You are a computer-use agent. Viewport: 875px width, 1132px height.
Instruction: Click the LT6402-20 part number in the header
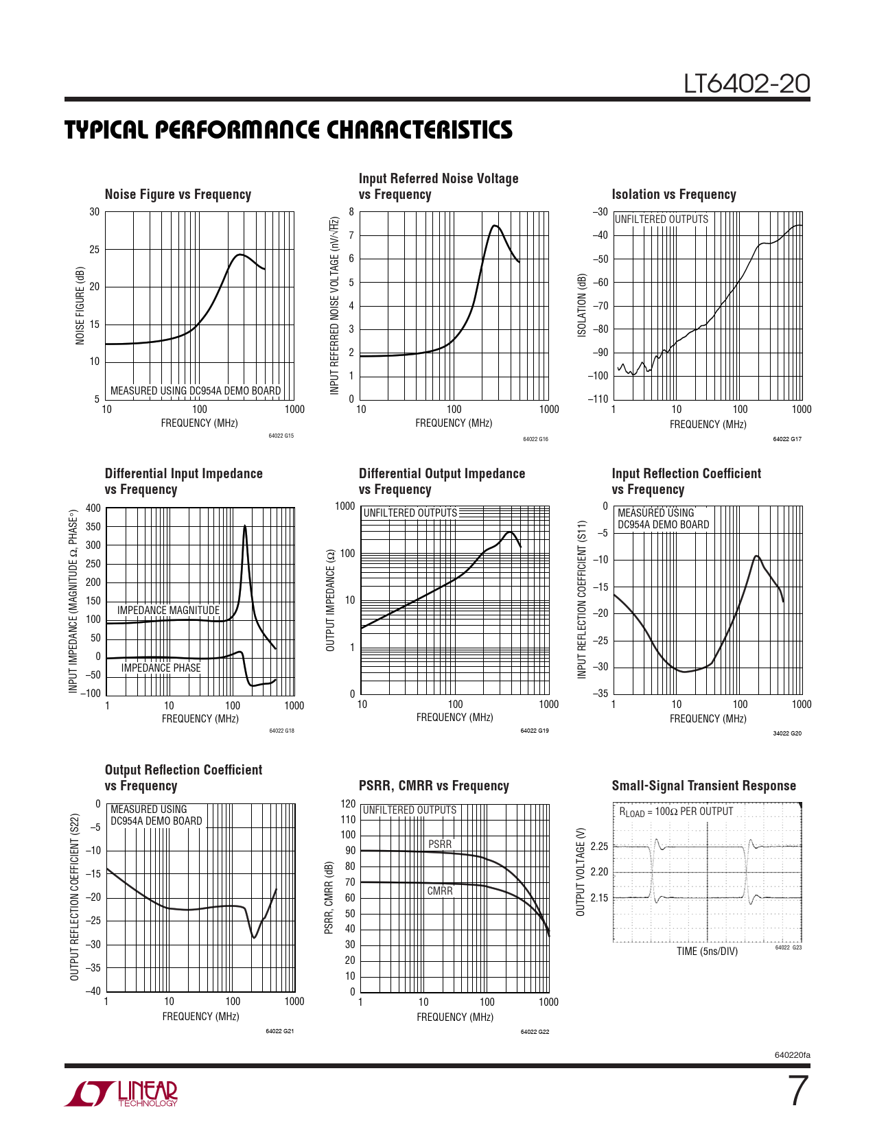(x=747, y=84)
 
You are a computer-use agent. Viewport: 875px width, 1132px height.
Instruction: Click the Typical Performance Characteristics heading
(x=288, y=130)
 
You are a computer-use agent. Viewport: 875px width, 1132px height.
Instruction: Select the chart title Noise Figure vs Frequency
(x=178, y=195)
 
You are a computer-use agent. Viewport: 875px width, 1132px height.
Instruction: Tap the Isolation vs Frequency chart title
(x=673, y=195)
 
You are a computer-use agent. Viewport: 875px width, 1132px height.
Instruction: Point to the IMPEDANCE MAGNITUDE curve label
(x=168, y=610)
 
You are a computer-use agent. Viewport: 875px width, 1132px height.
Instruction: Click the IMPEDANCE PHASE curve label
(x=161, y=668)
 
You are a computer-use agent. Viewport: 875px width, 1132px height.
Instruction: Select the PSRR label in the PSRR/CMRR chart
(x=440, y=844)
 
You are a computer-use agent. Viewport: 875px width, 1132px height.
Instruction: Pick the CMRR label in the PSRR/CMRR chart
(x=440, y=891)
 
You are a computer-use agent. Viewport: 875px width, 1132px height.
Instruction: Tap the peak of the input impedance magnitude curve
(x=245, y=526)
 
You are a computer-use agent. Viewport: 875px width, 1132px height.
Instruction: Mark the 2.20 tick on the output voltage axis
(x=599, y=872)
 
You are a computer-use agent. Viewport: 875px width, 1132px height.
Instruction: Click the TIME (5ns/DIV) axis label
(x=707, y=952)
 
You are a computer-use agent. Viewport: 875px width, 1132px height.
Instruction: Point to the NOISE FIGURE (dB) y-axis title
(x=80, y=306)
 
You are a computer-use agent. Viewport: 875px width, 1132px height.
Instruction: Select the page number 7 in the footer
(x=797, y=1092)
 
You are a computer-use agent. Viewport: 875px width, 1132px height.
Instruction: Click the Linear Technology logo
(x=122, y=1094)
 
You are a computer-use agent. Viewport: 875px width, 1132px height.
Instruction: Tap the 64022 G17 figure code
(x=786, y=439)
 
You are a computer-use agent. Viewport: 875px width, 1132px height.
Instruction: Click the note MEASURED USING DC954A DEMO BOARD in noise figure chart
(x=196, y=391)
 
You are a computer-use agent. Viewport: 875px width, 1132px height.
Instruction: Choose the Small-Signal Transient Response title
(x=703, y=786)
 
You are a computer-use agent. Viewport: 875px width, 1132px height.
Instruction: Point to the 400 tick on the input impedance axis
(x=93, y=508)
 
